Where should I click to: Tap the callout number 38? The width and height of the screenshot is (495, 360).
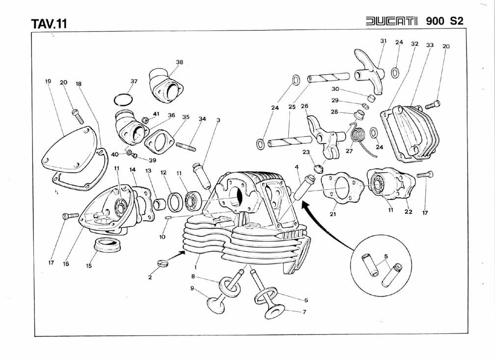tap(179, 62)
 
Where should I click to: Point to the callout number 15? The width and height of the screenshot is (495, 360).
tap(89, 266)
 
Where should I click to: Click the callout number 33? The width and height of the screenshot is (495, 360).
tap(430, 45)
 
